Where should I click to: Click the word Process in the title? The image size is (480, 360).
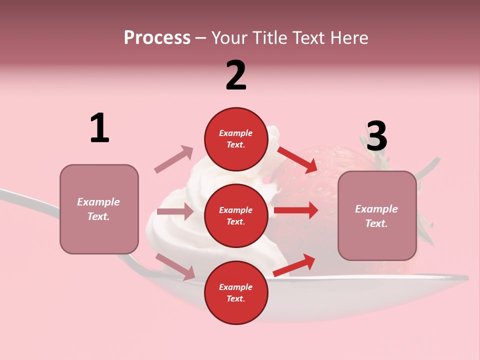pos(157,38)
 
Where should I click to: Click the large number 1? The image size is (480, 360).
pos(99,128)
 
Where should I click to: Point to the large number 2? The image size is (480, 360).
pos(236,75)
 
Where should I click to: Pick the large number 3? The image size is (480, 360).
pos(376,136)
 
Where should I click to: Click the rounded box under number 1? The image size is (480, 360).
pos(99,209)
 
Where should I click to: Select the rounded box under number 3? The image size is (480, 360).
pos(377,215)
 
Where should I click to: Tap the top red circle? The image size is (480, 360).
pos(235,139)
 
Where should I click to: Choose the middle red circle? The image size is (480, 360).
pos(235,215)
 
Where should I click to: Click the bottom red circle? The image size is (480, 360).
pos(235,292)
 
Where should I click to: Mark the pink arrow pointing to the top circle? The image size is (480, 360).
pos(174,159)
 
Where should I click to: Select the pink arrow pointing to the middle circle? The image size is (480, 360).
pos(175,211)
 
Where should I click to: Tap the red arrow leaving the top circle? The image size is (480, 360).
pos(297,159)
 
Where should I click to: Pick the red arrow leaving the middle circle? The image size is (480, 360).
pos(296,210)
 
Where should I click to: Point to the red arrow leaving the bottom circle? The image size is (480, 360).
pos(294,265)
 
